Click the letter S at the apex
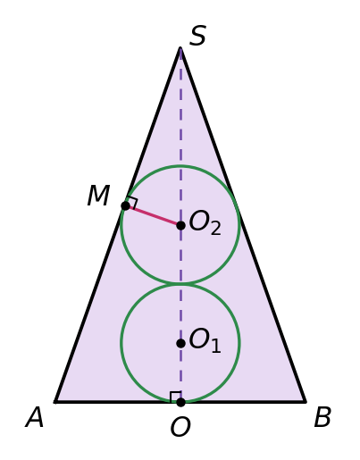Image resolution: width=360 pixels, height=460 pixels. click(x=197, y=36)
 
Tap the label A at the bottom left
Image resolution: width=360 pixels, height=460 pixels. click(x=35, y=417)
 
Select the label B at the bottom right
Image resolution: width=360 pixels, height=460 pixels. click(x=322, y=417)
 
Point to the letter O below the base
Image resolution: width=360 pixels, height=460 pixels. click(x=180, y=427)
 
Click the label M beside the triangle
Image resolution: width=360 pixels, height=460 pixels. click(x=98, y=196)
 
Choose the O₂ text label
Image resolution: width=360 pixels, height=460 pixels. click(x=205, y=222)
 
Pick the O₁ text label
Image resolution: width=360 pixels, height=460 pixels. click(x=205, y=340)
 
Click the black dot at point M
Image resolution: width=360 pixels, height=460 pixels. click(x=126, y=205)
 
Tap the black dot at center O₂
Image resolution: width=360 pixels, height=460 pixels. click(x=180, y=225)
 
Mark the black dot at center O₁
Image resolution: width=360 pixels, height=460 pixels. click(x=180, y=343)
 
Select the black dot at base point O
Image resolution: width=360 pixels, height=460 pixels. click(x=180, y=402)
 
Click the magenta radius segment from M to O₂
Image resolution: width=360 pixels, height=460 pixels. click(x=153, y=215)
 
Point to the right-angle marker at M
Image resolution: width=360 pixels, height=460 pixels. click(x=132, y=203)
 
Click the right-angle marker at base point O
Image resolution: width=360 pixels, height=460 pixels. click(x=175, y=397)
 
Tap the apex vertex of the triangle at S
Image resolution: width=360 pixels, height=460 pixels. click(x=180, y=48)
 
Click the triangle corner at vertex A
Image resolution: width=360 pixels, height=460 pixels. click(x=55, y=402)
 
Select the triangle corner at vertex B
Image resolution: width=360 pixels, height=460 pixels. click(x=306, y=402)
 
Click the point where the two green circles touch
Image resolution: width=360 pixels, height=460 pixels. click(x=180, y=284)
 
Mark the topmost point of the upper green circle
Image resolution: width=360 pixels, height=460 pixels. click(x=180, y=166)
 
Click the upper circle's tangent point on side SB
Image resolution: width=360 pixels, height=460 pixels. click(x=236, y=205)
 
